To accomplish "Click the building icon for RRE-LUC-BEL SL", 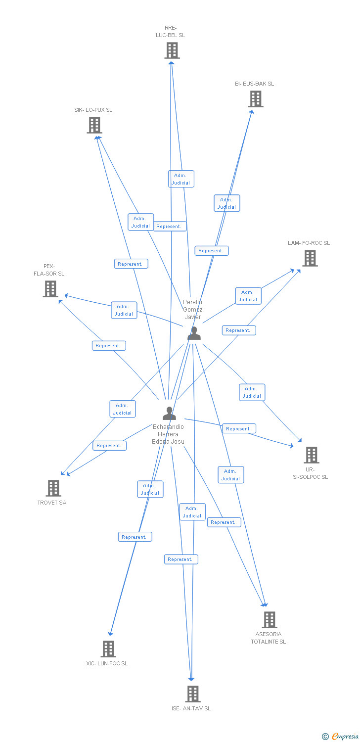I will [x=172, y=50].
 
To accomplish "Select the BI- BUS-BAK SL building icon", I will [x=255, y=99].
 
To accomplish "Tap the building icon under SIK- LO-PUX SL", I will [x=94, y=125].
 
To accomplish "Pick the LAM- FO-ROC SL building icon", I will [x=310, y=258].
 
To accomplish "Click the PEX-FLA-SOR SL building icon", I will [x=50, y=289].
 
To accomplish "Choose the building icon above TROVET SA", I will [x=53, y=488].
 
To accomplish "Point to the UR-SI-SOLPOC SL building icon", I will [x=311, y=455].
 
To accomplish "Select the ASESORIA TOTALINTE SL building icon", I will [x=269, y=620].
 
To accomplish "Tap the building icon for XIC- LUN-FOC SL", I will [x=108, y=649].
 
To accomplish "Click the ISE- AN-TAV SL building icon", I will [x=192, y=694].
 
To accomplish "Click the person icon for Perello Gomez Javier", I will [x=194, y=334].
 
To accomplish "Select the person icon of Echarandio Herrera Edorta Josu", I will [x=169, y=414].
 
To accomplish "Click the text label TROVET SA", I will [x=52, y=503].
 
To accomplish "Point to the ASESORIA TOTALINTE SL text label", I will [x=268, y=638].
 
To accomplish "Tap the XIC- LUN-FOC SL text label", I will [x=107, y=663].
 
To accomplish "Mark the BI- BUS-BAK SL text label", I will [x=254, y=84].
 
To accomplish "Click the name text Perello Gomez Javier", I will [x=193, y=309].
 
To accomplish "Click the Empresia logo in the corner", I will [x=345, y=737].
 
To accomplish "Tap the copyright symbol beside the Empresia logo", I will [x=325, y=737].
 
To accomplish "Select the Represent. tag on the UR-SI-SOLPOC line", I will [x=239, y=429].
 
